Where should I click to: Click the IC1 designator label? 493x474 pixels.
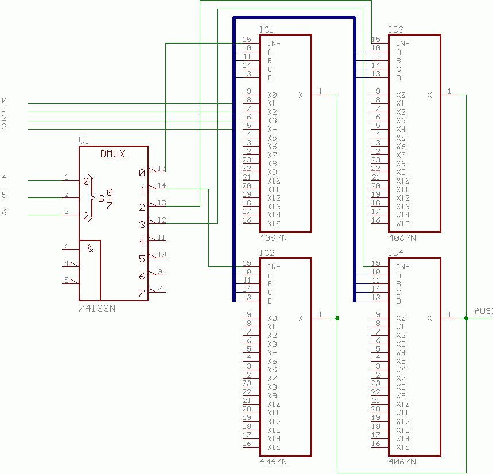pos(266,30)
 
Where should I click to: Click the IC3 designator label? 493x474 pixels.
pos(395,30)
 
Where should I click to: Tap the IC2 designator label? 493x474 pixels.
pos(267,253)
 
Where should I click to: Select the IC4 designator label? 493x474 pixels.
pos(395,253)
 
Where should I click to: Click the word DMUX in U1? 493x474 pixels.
pos(112,154)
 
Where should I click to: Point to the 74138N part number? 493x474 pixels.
pos(96,308)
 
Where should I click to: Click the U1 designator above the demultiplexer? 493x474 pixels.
pos(84,141)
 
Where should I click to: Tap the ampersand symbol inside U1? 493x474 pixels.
pos(90,248)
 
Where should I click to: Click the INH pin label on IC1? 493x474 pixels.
pos(274,44)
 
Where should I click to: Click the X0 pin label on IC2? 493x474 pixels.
pos(272,318)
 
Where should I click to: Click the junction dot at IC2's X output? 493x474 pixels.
pos(337,318)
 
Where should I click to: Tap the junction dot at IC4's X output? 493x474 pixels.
pos(466,318)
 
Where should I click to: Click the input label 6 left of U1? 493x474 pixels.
pos(4,213)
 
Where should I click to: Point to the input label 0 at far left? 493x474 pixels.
pos(4,101)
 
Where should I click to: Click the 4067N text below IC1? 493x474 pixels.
pos(273,237)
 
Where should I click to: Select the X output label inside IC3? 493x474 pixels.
pos(429,95)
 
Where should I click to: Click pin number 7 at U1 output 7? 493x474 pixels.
pos(160,289)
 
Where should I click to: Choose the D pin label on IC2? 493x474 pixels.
pos(270,301)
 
